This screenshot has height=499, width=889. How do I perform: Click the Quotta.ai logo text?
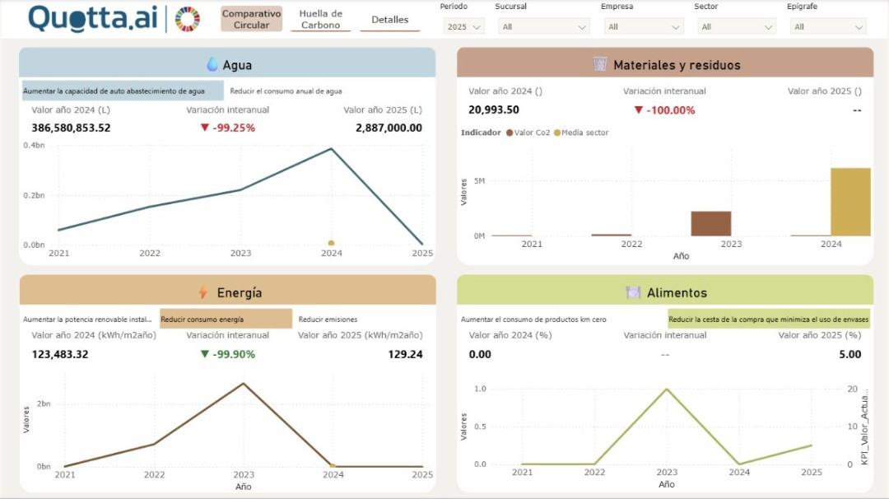[x=92, y=18]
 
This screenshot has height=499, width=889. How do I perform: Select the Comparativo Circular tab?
[x=251, y=19]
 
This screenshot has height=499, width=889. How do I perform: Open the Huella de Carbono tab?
[x=320, y=19]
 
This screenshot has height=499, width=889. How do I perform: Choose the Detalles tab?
[x=389, y=19]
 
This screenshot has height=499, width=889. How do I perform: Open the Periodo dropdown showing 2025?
[x=464, y=26]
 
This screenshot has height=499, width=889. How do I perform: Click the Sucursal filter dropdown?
[x=542, y=26]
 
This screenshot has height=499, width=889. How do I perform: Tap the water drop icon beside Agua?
[x=212, y=64]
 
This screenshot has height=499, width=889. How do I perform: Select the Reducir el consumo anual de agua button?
[x=286, y=91]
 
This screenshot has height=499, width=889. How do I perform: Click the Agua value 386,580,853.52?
[x=71, y=128]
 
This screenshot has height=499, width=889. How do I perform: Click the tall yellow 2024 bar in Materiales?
[x=849, y=202]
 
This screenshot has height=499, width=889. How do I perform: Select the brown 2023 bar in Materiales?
[x=710, y=223]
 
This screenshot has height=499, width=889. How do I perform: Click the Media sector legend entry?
[x=584, y=133]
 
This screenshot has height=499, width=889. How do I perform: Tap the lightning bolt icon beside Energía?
[x=202, y=292]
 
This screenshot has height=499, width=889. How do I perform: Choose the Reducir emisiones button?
[x=328, y=319]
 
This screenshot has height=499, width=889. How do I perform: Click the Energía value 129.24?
[x=405, y=354]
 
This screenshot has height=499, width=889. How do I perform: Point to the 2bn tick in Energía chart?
[x=43, y=403]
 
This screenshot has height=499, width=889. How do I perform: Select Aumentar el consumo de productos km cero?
[x=533, y=319]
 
